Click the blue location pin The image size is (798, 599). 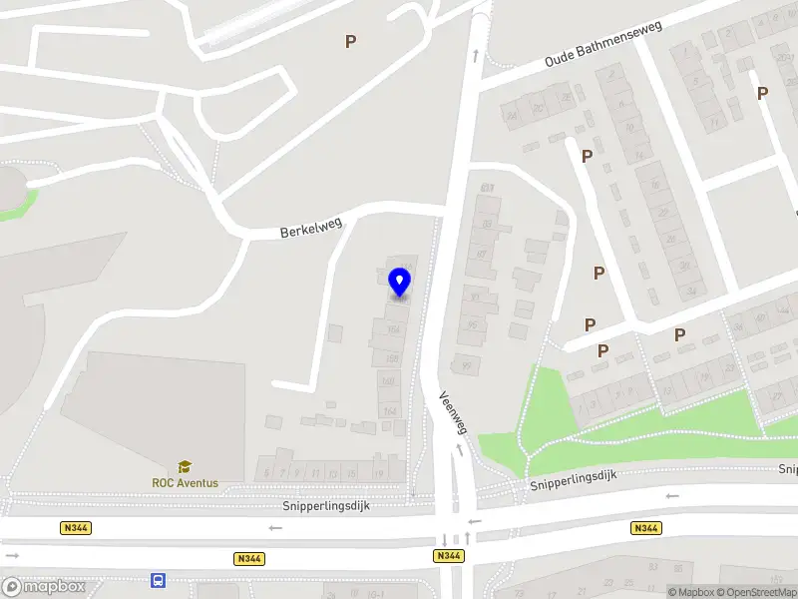(x=400, y=282)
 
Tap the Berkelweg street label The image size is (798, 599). (x=311, y=229)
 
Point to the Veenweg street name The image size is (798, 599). (x=453, y=410)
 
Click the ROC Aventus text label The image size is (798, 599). (x=185, y=483)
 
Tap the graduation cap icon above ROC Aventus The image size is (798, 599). (x=185, y=467)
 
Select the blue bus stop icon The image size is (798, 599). (x=158, y=580)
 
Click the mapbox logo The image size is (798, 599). (x=44, y=586)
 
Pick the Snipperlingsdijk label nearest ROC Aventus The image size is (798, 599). (x=325, y=506)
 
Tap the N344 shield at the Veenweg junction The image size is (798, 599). (x=448, y=555)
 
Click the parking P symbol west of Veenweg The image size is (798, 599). (x=350, y=41)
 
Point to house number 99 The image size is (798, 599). (x=465, y=366)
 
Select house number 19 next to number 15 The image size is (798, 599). (x=379, y=472)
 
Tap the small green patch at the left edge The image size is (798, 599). (x=24, y=205)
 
